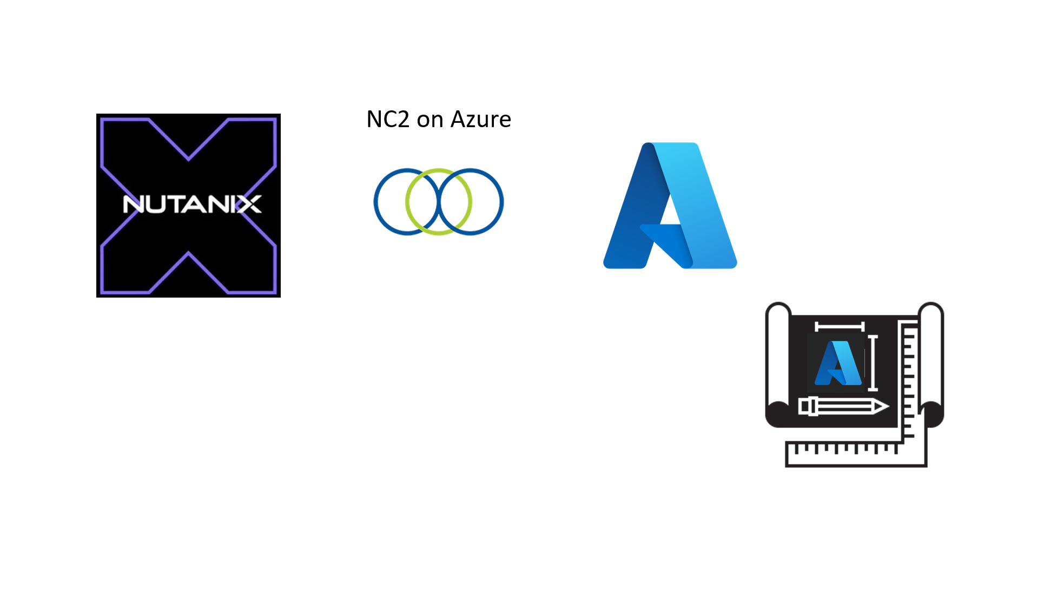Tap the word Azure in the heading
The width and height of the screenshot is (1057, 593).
pyautogui.click(x=480, y=120)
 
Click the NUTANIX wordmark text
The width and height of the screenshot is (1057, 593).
pyautogui.click(x=192, y=205)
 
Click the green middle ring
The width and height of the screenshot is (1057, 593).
pyautogui.click(x=439, y=171)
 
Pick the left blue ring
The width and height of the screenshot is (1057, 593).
pyautogui.click(x=377, y=202)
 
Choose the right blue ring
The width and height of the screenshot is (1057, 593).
pyautogui.click(x=501, y=202)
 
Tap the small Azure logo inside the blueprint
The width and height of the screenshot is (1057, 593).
pyautogui.click(x=837, y=363)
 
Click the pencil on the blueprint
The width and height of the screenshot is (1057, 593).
pyautogui.click(x=841, y=406)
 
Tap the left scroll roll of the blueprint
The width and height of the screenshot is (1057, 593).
pyautogui.click(x=778, y=363)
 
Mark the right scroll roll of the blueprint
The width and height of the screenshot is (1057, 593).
pyautogui.click(x=932, y=363)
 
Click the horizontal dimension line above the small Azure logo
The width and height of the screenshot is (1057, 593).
pyautogui.click(x=840, y=326)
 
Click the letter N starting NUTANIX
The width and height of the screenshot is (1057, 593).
pyautogui.click(x=133, y=205)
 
